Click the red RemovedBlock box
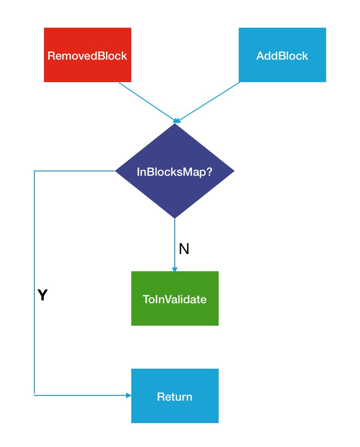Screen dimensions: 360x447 tap(87, 55)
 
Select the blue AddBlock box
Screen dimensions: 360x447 tap(282, 55)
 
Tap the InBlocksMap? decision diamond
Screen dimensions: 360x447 tap(175, 171)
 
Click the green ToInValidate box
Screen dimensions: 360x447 tap(175, 298)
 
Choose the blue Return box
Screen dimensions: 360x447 tap(175, 396)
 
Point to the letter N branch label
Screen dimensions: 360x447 tap(184, 249)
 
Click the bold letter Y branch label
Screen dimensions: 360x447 tap(42, 295)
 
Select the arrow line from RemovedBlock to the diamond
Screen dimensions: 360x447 tap(148, 102)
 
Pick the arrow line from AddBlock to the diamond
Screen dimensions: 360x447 tap(208, 102)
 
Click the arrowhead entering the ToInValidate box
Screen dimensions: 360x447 tap(175, 269)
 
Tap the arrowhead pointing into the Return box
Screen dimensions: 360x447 tap(128, 395)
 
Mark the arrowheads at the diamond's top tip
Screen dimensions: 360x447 tap(177, 121)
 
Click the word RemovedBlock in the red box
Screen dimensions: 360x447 tap(87, 56)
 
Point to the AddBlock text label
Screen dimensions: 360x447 tap(282, 56)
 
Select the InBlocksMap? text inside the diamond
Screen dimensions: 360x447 tap(174, 172)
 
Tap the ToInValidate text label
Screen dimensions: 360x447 tap(174, 299)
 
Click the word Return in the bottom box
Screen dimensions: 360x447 tap(174, 397)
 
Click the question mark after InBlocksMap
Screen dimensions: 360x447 tap(209, 171)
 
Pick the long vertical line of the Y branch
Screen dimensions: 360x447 tap(34, 283)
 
